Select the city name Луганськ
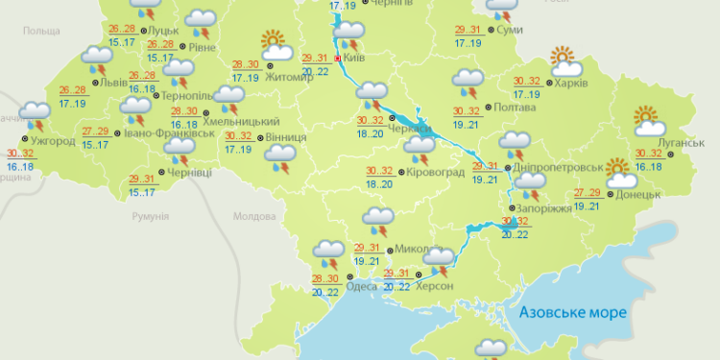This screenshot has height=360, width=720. pos(683,143)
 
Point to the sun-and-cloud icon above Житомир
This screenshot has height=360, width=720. pos(275,44)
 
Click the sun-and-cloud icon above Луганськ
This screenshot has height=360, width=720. pos(651,121)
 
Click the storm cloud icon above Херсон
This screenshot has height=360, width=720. pos(439,260)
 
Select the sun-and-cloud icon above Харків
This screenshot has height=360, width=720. pos(564,60)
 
